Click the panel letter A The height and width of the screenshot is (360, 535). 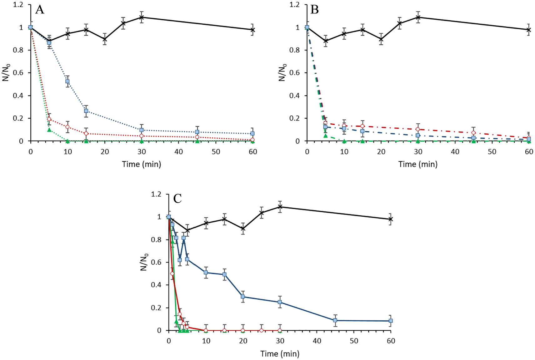pyautogui.click(x=40, y=10)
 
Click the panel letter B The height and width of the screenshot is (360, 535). pyautogui.click(x=314, y=10)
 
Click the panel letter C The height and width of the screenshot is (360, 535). pyautogui.click(x=177, y=199)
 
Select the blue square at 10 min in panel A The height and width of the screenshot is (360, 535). pyautogui.click(x=67, y=81)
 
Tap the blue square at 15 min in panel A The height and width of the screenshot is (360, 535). pyautogui.click(x=86, y=111)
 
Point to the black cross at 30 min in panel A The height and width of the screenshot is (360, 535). pyautogui.click(x=142, y=17)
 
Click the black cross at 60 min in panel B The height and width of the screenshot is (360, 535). pyautogui.click(x=529, y=30)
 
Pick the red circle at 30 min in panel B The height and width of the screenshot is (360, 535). pyautogui.click(x=418, y=129)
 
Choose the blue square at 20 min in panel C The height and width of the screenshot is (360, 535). pyautogui.click(x=243, y=297)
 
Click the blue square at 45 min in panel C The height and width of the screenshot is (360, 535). pyautogui.click(x=335, y=320)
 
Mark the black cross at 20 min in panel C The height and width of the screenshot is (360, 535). pyautogui.click(x=243, y=229)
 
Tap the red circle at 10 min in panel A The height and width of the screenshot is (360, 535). pyautogui.click(x=67, y=127)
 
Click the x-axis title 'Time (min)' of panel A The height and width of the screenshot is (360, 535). pyautogui.click(x=141, y=164)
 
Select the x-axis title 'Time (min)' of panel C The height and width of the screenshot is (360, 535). pyautogui.click(x=280, y=354)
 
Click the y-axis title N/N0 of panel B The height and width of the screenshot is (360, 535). pyautogui.click(x=282, y=73)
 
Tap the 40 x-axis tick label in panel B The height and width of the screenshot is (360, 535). pyautogui.click(x=455, y=152)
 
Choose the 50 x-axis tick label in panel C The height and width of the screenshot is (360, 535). pyautogui.click(x=354, y=341)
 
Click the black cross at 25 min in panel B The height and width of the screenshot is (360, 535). pyautogui.click(x=399, y=23)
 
